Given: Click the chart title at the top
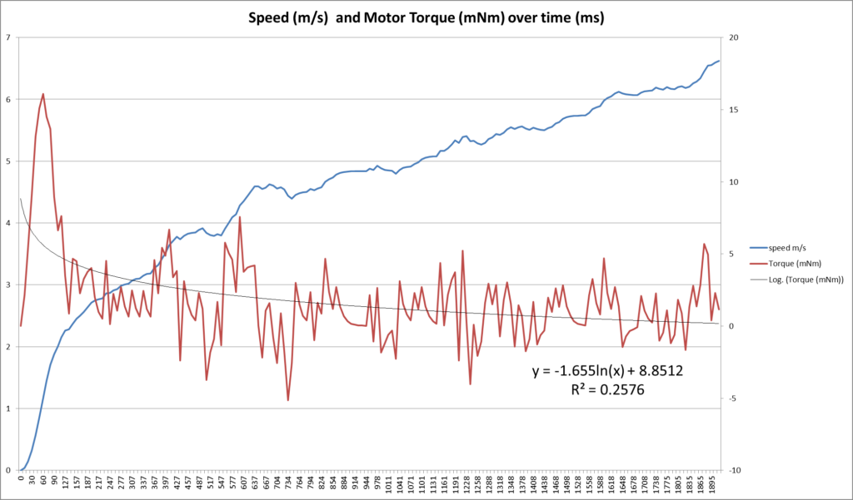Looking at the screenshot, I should (x=426, y=17).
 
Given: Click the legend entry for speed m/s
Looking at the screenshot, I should (x=788, y=248).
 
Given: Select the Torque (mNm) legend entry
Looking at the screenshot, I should (x=793, y=264).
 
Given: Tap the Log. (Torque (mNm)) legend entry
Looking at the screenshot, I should (x=806, y=280).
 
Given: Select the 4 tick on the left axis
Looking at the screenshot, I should (x=7, y=223).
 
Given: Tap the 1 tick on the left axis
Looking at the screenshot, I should (x=7, y=408).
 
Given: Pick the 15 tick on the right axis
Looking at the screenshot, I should (x=736, y=110).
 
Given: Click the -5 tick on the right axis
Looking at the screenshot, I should (x=735, y=399).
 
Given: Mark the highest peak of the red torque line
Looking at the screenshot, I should (x=43, y=94).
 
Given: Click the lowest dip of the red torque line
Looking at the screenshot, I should (x=288, y=400).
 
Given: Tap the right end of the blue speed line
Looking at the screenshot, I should (x=719, y=61).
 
